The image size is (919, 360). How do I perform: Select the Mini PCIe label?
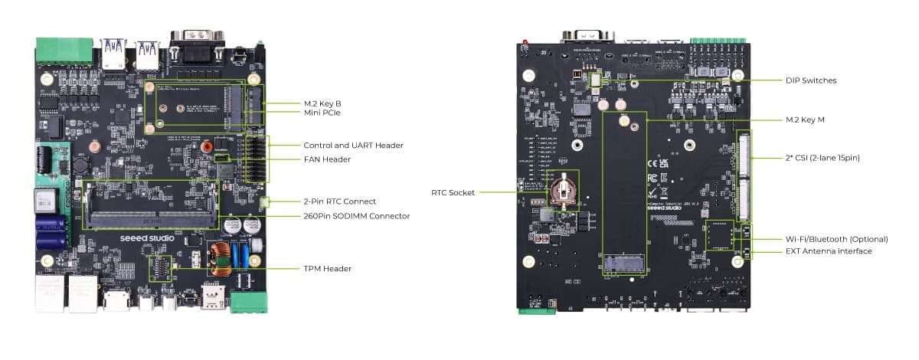322,113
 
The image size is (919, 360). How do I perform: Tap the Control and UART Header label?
353,146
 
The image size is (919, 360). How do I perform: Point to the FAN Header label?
327,159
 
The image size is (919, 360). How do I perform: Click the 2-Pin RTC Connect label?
339,201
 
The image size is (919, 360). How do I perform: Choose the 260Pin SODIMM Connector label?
356,216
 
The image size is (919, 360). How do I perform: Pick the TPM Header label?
328,269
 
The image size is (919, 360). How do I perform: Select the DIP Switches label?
811,80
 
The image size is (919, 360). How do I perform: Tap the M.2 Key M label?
805,119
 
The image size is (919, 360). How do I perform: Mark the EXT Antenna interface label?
829,251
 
